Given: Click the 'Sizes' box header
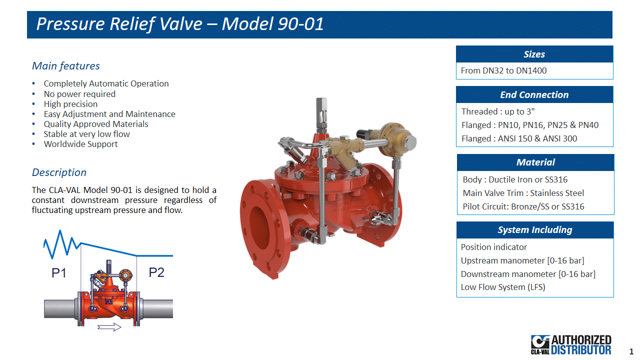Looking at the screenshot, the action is (x=534, y=54).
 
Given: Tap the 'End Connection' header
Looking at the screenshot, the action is (x=534, y=95).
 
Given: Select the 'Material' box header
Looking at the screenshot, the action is (x=535, y=162).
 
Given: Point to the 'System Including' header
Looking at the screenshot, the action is (x=535, y=230).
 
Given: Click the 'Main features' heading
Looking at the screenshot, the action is (x=65, y=66).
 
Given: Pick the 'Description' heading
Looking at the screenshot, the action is (x=59, y=172).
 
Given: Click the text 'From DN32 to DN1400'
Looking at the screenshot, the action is (x=503, y=70).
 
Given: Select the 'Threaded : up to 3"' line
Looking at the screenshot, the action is (x=498, y=111).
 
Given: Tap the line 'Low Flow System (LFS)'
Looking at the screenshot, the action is (x=503, y=287).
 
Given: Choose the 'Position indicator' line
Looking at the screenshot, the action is (x=493, y=247).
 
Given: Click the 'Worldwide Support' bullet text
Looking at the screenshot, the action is (x=80, y=144).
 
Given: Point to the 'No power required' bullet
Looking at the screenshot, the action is (x=79, y=94).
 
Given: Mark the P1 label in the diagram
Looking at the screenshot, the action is (x=59, y=273).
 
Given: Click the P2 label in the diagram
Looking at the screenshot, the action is (x=156, y=272).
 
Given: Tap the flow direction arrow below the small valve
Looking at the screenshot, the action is (x=109, y=327).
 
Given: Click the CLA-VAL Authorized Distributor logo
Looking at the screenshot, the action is (x=571, y=345).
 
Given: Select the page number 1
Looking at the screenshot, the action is (x=631, y=351).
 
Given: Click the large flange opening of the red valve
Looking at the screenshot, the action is (x=259, y=227).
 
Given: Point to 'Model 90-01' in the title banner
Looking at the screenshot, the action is (x=272, y=23).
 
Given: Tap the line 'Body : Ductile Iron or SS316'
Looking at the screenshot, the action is (x=515, y=179).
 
